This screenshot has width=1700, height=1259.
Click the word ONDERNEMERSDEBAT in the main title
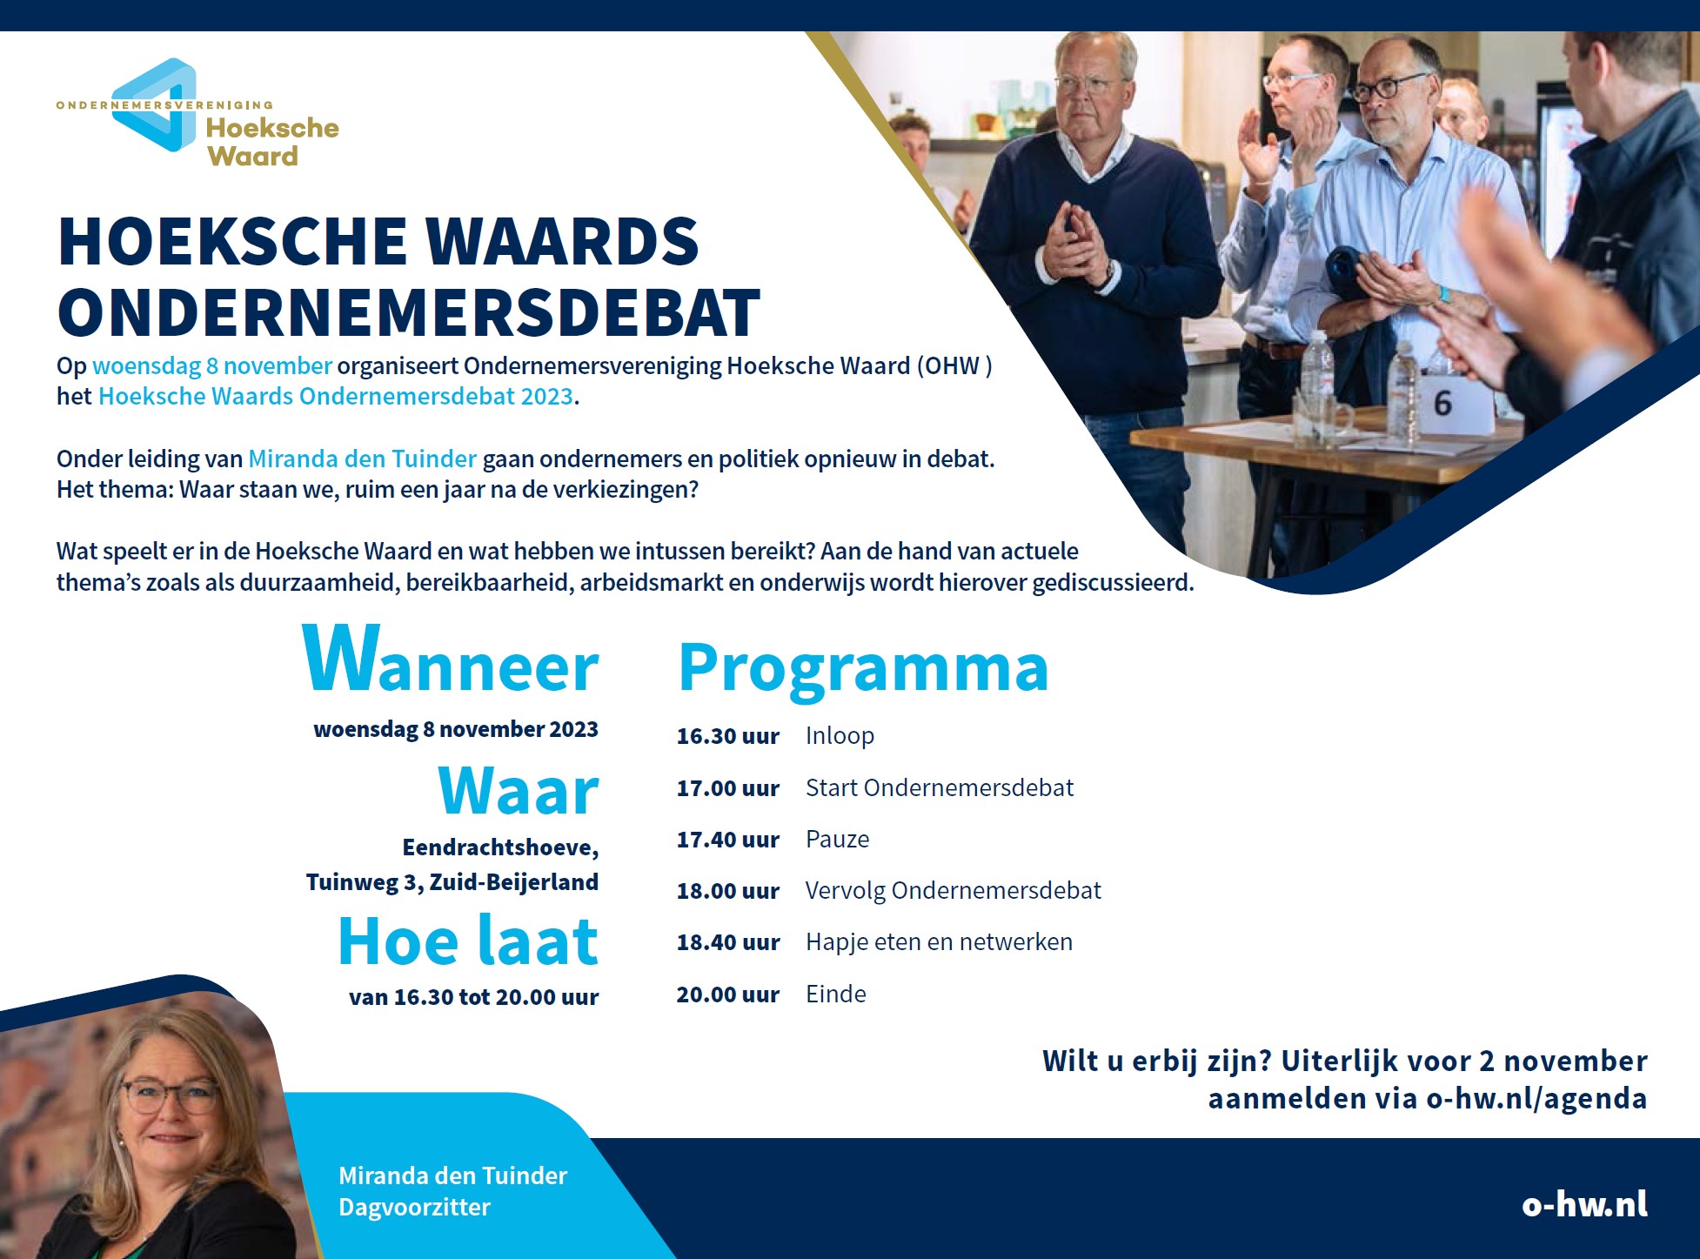pos(409,312)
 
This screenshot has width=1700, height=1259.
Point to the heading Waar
pos(519,791)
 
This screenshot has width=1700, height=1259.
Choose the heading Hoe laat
pos(468,941)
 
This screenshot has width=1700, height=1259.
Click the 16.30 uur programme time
pos(727,736)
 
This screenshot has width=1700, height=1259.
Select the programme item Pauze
pos(837,839)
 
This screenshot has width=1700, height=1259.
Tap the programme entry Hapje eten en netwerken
pos(939,942)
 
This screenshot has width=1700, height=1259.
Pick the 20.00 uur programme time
pos(727,994)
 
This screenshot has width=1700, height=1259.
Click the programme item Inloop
pos(840,736)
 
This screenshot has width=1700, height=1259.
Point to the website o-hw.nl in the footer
pos(1584,1203)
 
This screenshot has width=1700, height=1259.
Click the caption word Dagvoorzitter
pos(414,1208)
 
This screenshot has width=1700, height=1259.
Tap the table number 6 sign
pos(1442,404)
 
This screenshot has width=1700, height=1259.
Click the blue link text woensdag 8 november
pos(212,366)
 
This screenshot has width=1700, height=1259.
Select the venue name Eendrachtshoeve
pos(499,847)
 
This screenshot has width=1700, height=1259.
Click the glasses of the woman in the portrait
pos(170,1095)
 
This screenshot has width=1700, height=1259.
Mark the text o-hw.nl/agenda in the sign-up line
pos(1536,1099)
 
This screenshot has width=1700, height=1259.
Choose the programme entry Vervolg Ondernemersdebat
pos(953,891)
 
